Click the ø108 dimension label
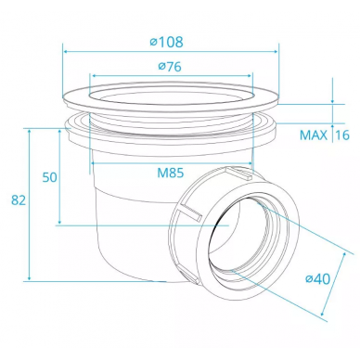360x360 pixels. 167,42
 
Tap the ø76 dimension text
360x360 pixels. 170,67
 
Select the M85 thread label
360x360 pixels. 171,174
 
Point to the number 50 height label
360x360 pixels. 50,177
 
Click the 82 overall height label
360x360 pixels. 19,200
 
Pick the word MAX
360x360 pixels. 314,135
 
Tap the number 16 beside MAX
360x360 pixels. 342,135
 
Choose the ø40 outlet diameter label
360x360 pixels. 318,279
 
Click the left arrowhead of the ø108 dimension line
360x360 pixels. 66,51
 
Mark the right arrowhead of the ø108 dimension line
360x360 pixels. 276,51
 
